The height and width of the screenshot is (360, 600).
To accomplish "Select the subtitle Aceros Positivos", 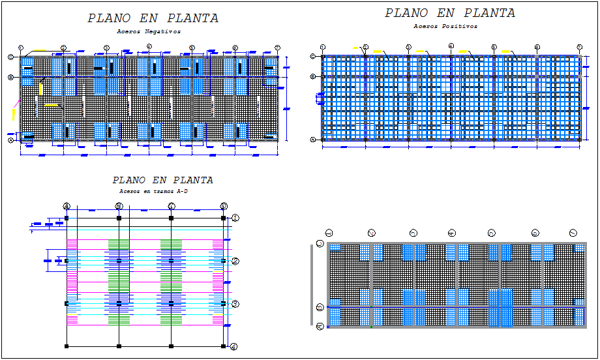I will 445,27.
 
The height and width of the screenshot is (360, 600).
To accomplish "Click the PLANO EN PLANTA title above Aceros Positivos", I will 449,13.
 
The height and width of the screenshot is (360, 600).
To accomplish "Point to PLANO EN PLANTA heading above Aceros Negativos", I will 153,18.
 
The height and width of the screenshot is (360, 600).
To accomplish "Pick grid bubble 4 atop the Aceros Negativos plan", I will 149,46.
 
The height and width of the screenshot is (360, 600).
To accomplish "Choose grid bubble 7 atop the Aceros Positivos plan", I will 580,47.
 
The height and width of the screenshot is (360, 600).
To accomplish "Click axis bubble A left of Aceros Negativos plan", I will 11,140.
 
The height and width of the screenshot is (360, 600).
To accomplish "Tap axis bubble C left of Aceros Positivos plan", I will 313,57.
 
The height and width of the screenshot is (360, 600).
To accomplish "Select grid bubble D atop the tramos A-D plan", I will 224,206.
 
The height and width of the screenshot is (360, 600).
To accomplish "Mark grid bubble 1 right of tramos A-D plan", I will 236,218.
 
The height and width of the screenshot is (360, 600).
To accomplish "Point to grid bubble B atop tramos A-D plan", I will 119,206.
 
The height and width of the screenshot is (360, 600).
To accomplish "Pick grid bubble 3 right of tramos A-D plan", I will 236,304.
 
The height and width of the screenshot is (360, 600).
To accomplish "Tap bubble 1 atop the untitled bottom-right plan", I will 329,232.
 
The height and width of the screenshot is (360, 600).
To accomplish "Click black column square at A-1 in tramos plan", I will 67,218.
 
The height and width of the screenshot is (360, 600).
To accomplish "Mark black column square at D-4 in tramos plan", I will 223,346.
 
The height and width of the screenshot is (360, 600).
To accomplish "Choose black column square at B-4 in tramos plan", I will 119,346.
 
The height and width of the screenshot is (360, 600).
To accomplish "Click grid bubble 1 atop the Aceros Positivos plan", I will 323,47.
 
